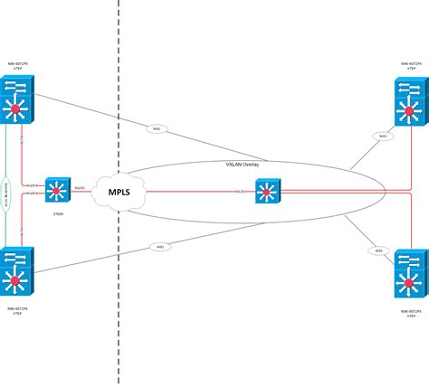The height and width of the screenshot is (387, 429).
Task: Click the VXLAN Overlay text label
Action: [243, 166]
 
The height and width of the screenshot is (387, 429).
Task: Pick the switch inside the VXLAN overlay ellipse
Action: [269, 192]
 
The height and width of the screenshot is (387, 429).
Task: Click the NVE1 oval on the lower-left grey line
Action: [159, 246]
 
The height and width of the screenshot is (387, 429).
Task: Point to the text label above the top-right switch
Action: [411, 67]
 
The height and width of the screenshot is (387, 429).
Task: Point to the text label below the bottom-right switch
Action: [411, 311]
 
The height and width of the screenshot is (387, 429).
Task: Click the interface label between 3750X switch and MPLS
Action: [81, 188]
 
